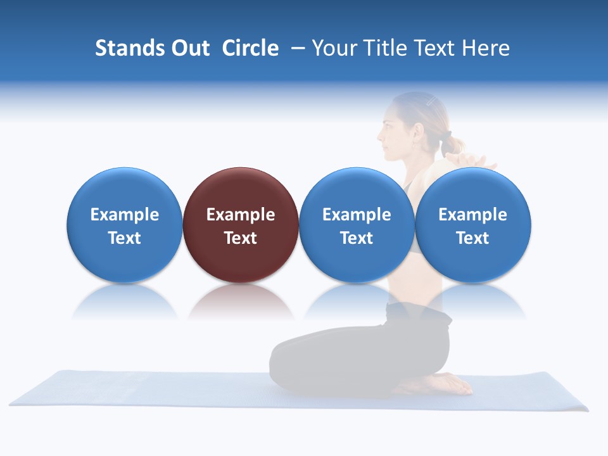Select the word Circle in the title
(250, 48)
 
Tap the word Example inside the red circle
(241, 215)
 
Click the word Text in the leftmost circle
(125, 238)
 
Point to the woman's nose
(380, 135)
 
